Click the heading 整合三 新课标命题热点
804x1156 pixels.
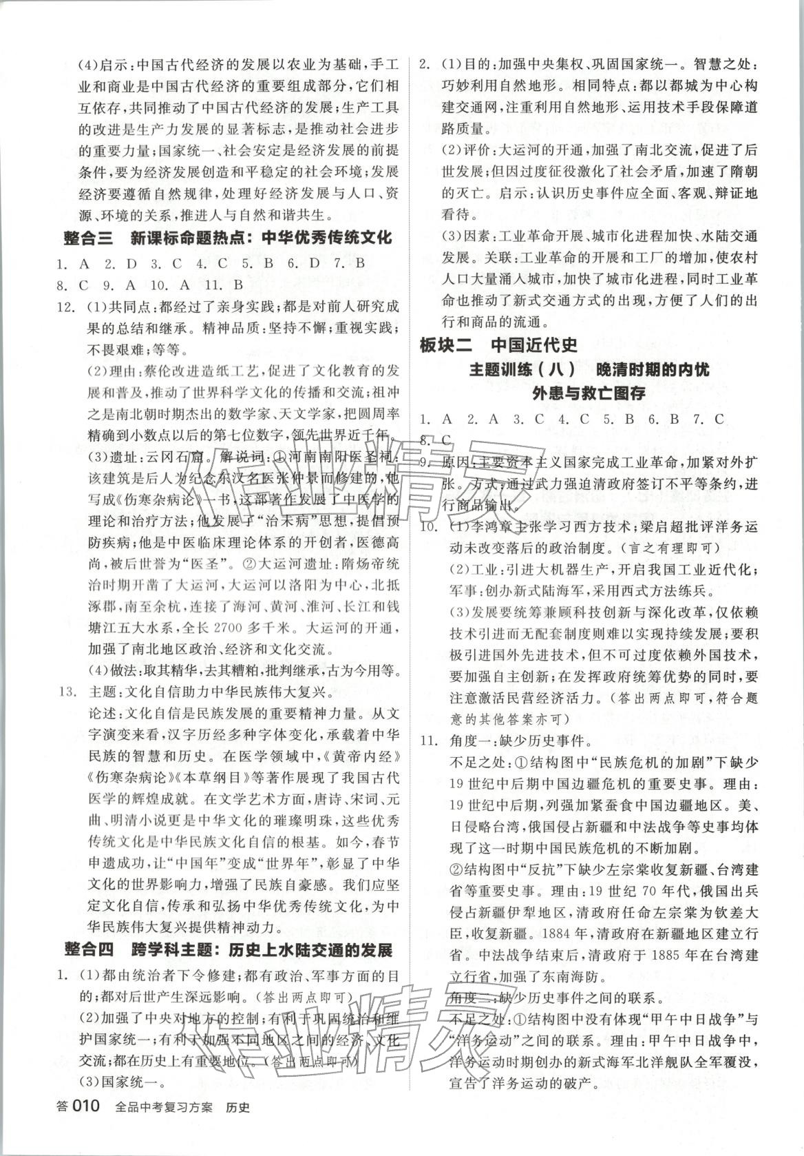(x=226, y=238)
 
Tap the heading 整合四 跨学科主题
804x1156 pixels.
(x=227, y=950)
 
